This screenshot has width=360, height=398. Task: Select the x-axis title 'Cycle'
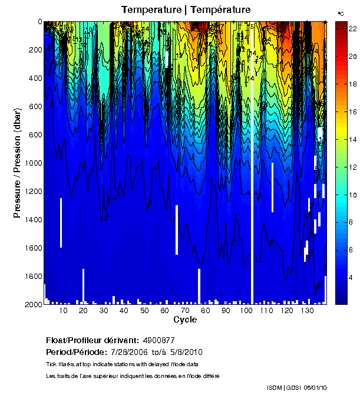click(185, 320)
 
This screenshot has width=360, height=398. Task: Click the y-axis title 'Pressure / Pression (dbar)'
click(17, 163)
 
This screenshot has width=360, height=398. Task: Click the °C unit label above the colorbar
click(341, 13)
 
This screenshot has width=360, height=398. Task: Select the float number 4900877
click(158, 341)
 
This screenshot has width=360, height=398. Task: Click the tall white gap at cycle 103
click(252, 177)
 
